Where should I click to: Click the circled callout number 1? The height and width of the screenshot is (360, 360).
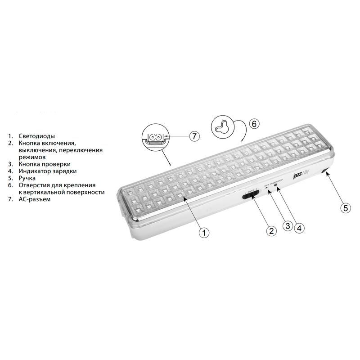coord(204,232)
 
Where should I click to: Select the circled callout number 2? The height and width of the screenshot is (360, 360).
coord(271,231)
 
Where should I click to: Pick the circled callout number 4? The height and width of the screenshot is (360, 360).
coord(299,228)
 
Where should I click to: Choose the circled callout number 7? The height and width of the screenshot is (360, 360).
coord(193,135)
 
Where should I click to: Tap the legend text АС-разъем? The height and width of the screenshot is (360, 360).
coord(35,199)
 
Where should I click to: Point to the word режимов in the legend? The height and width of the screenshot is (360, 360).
coord(32,157)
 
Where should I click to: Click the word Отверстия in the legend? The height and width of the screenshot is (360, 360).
coord(36,185)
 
